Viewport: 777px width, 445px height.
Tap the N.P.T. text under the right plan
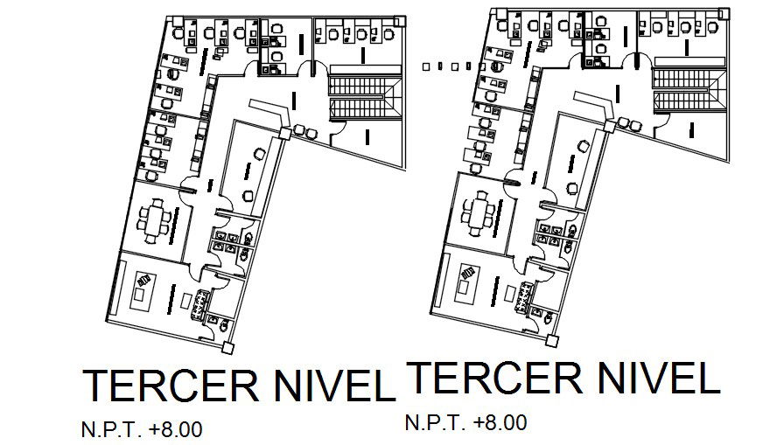pos(435,423)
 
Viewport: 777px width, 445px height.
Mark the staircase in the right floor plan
pos(688,89)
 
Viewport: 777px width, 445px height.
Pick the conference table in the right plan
pos(479,212)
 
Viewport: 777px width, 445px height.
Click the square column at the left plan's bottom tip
pos(228,347)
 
